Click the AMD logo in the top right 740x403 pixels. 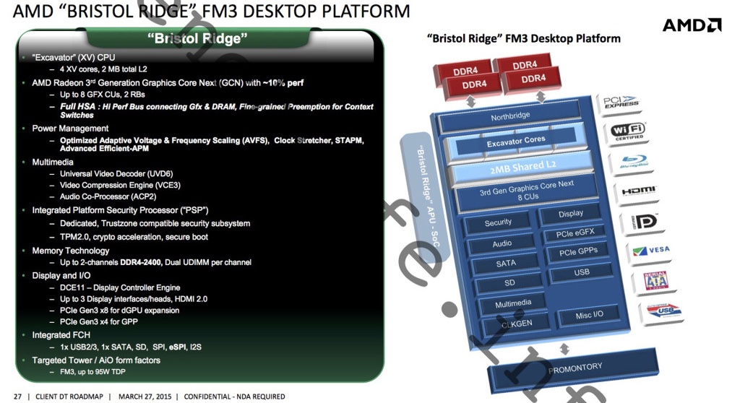[692, 25]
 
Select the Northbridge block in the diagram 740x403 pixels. [510, 116]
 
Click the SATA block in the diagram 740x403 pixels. [506, 264]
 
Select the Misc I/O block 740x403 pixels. [589, 315]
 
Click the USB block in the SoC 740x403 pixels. [581, 273]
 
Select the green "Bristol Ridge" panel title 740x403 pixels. [197, 39]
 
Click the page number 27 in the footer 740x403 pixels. [17, 396]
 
